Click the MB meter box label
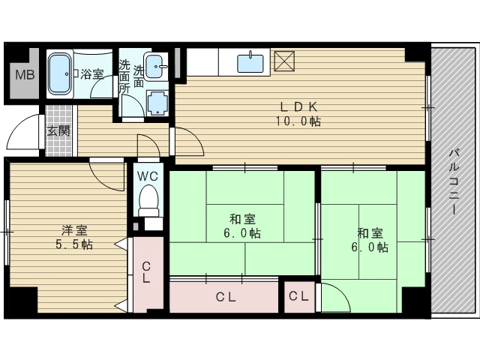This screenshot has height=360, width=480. pyautogui.click(x=25, y=75)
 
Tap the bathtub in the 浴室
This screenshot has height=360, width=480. pyautogui.click(x=60, y=73)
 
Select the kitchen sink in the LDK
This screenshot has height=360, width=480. pyautogui.click(x=250, y=63)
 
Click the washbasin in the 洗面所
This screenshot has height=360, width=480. pyautogui.click(x=156, y=67)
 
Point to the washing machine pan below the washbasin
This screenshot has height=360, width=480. pyautogui.click(x=157, y=103)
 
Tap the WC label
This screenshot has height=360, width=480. pyautogui.click(x=148, y=176)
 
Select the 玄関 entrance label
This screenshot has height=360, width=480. pyautogui.click(x=58, y=131)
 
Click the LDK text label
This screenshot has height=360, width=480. pyautogui.click(x=298, y=106)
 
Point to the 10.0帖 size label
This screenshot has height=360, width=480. pyautogui.click(x=298, y=121)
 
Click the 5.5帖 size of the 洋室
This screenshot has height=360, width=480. pyautogui.click(x=74, y=244)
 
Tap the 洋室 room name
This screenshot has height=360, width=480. pyautogui.click(x=74, y=229)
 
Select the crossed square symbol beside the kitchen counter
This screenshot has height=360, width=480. pyautogui.click(x=284, y=61)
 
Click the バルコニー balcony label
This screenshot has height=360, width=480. pyautogui.click(x=454, y=181)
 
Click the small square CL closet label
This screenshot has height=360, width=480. pyautogui.click(x=298, y=296)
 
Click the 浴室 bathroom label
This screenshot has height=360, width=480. pyautogui.click(x=92, y=73)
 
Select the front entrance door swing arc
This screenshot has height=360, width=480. pyautogui.click(x=19, y=128)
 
